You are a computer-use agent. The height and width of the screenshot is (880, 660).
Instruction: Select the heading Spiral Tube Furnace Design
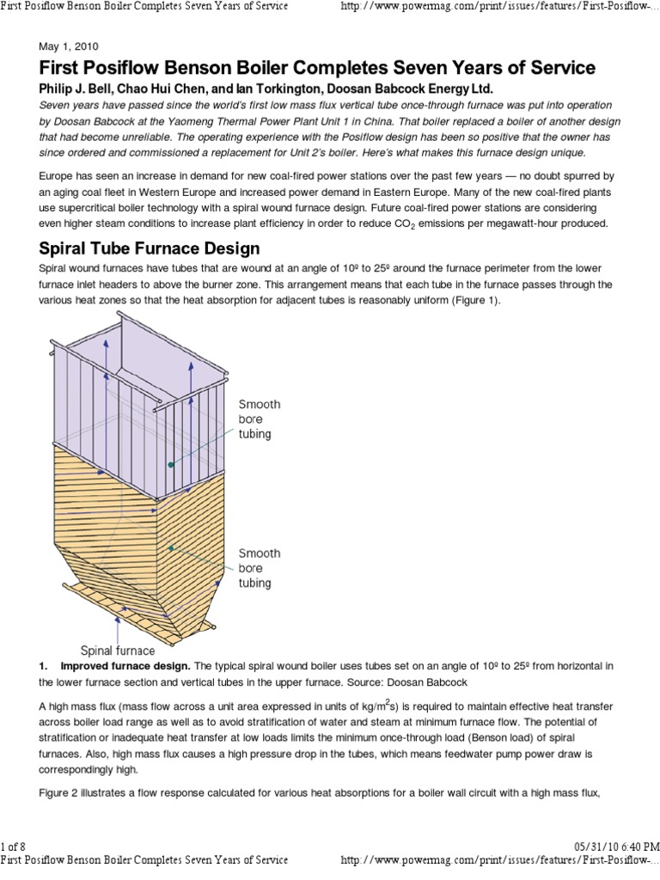(x=150, y=248)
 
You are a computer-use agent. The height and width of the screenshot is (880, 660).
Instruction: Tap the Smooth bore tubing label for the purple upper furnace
(x=260, y=419)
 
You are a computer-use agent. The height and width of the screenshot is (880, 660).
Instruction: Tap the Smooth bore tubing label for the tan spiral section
(x=254, y=569)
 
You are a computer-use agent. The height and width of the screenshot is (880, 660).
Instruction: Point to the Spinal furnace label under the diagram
(x=118, y=650)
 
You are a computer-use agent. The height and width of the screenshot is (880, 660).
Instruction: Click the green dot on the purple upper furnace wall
(x=171, y=465)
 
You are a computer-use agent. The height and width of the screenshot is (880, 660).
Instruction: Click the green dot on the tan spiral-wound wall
(x=172, y=547)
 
